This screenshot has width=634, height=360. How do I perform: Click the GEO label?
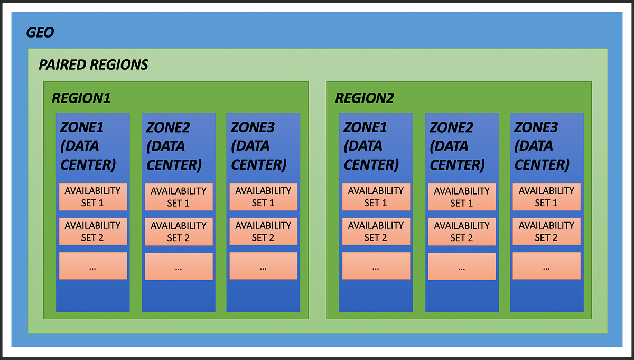point(40,33)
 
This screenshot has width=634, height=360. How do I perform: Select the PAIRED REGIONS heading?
point(94,64)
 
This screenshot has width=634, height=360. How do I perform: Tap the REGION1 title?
point(81,98)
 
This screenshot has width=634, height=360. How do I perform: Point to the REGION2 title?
point(365,98)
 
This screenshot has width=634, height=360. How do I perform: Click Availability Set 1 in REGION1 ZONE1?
point(92,197)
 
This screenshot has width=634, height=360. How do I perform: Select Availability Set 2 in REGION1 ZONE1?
point(92,232)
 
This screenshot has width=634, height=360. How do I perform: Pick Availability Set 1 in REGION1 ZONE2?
point(178,197)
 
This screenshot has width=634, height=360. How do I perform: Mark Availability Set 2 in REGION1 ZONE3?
point(263,232)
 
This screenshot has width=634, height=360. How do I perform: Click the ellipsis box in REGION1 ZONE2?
point(178,266)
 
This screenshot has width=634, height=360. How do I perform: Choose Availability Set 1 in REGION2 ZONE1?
point(376,197)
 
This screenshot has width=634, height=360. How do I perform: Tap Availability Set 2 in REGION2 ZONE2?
point(461,232)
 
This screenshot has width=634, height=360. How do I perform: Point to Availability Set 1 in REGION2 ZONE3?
point(546,197)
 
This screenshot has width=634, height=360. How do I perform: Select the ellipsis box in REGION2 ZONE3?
point(546,266)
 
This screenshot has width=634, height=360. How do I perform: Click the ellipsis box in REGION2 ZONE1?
point(376,266)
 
